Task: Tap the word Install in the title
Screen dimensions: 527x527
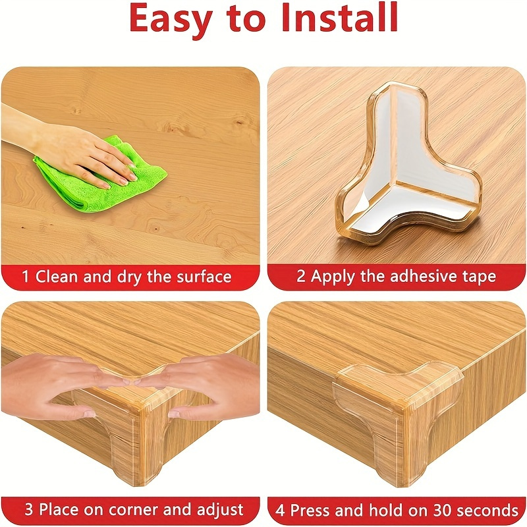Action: (x=339, y=17)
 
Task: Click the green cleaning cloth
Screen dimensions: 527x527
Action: (x=101, y=175)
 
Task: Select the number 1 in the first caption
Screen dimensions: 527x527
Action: (x=26, y=277)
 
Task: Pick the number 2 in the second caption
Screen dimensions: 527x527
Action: (x=301, y=276)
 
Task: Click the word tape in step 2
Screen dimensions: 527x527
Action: (x=479, y=277)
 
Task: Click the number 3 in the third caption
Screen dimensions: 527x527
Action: (x=29, y=509)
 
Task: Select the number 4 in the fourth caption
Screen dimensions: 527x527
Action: (x=280, y=510)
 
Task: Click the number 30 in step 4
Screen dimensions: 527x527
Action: (x=442, y=510)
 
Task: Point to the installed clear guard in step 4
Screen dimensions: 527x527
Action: (x=397, y=417)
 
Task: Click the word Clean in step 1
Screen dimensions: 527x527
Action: (x=57, y=277)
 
